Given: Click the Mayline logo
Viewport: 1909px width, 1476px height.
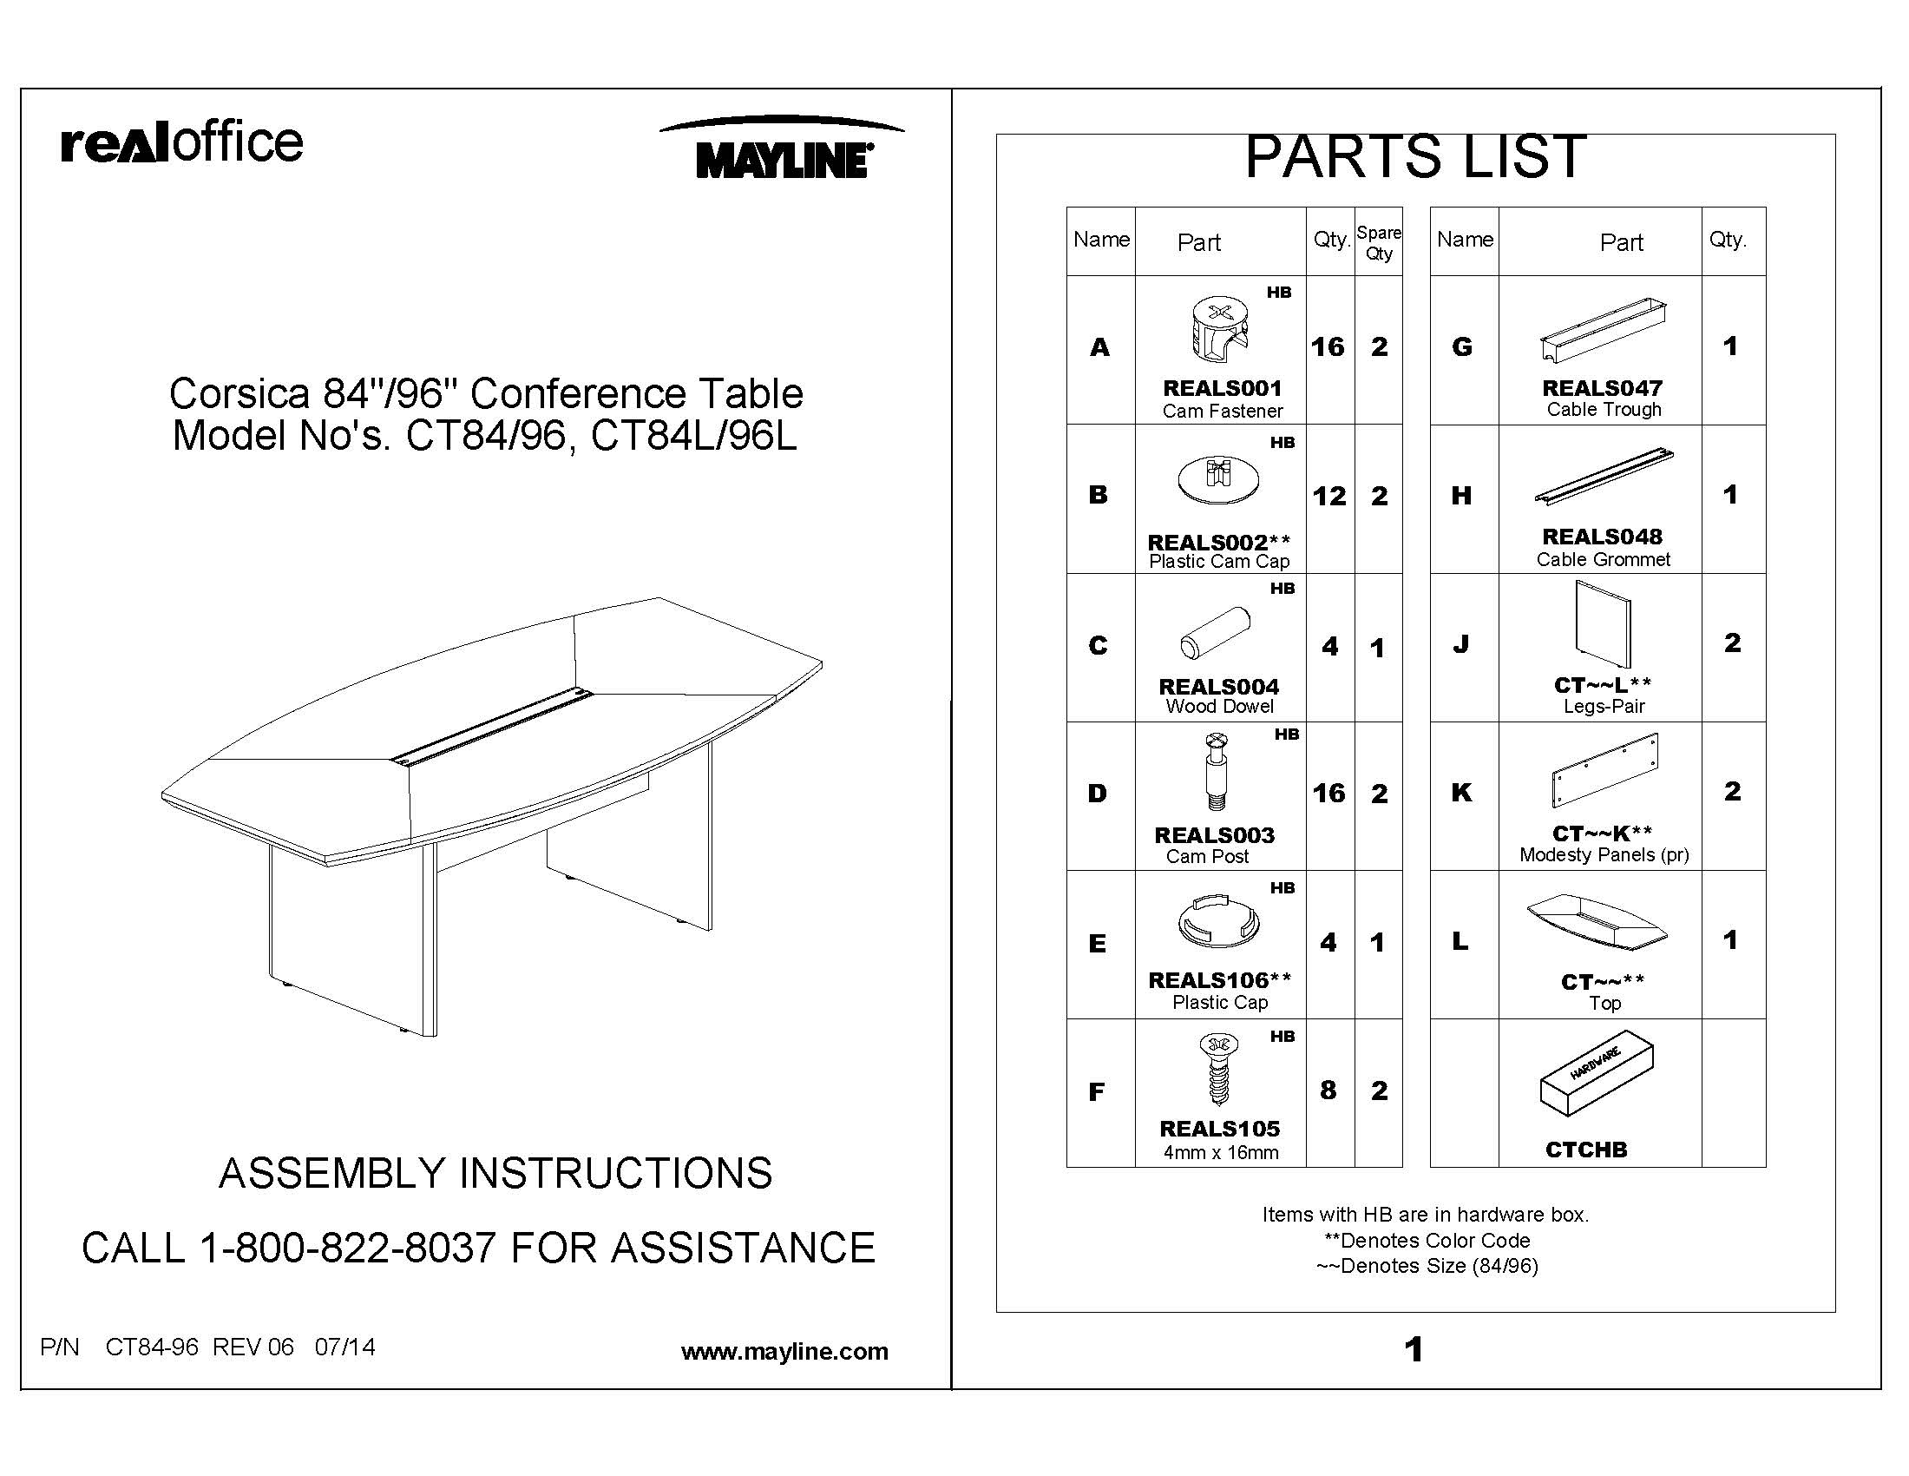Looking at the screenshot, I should (x=783, y=150).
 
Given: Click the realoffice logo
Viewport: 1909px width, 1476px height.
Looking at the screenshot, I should (x=182, y=142).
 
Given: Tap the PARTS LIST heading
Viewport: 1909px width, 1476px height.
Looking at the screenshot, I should (x=1414, y=157).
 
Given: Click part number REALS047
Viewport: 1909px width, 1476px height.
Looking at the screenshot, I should (x=1601, y=387).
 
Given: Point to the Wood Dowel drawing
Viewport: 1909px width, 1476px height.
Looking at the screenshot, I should (x=1215, y=633).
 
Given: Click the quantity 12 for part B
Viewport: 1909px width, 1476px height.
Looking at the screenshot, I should (x=1328, y=497).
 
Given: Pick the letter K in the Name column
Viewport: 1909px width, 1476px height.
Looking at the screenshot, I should (x=1460, y=793).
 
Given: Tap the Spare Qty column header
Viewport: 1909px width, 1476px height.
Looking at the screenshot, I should (x=1379, y=243).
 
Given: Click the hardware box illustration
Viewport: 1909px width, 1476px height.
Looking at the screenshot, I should (x=1596, y=1073).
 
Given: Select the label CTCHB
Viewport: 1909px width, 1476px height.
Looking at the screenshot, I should (x=1585, y=1150).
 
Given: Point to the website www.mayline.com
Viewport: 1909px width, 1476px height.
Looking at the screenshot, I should (x=784, y=1352).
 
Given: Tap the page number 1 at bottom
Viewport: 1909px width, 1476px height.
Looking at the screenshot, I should (x=1414, y=1350).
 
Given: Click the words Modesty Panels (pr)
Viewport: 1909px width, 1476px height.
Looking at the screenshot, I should (x=1603, y=855).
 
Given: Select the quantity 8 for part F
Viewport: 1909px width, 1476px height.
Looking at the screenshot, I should (x=1328, y=1091).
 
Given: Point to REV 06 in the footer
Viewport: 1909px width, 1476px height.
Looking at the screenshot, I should (x=253, y=1347).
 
